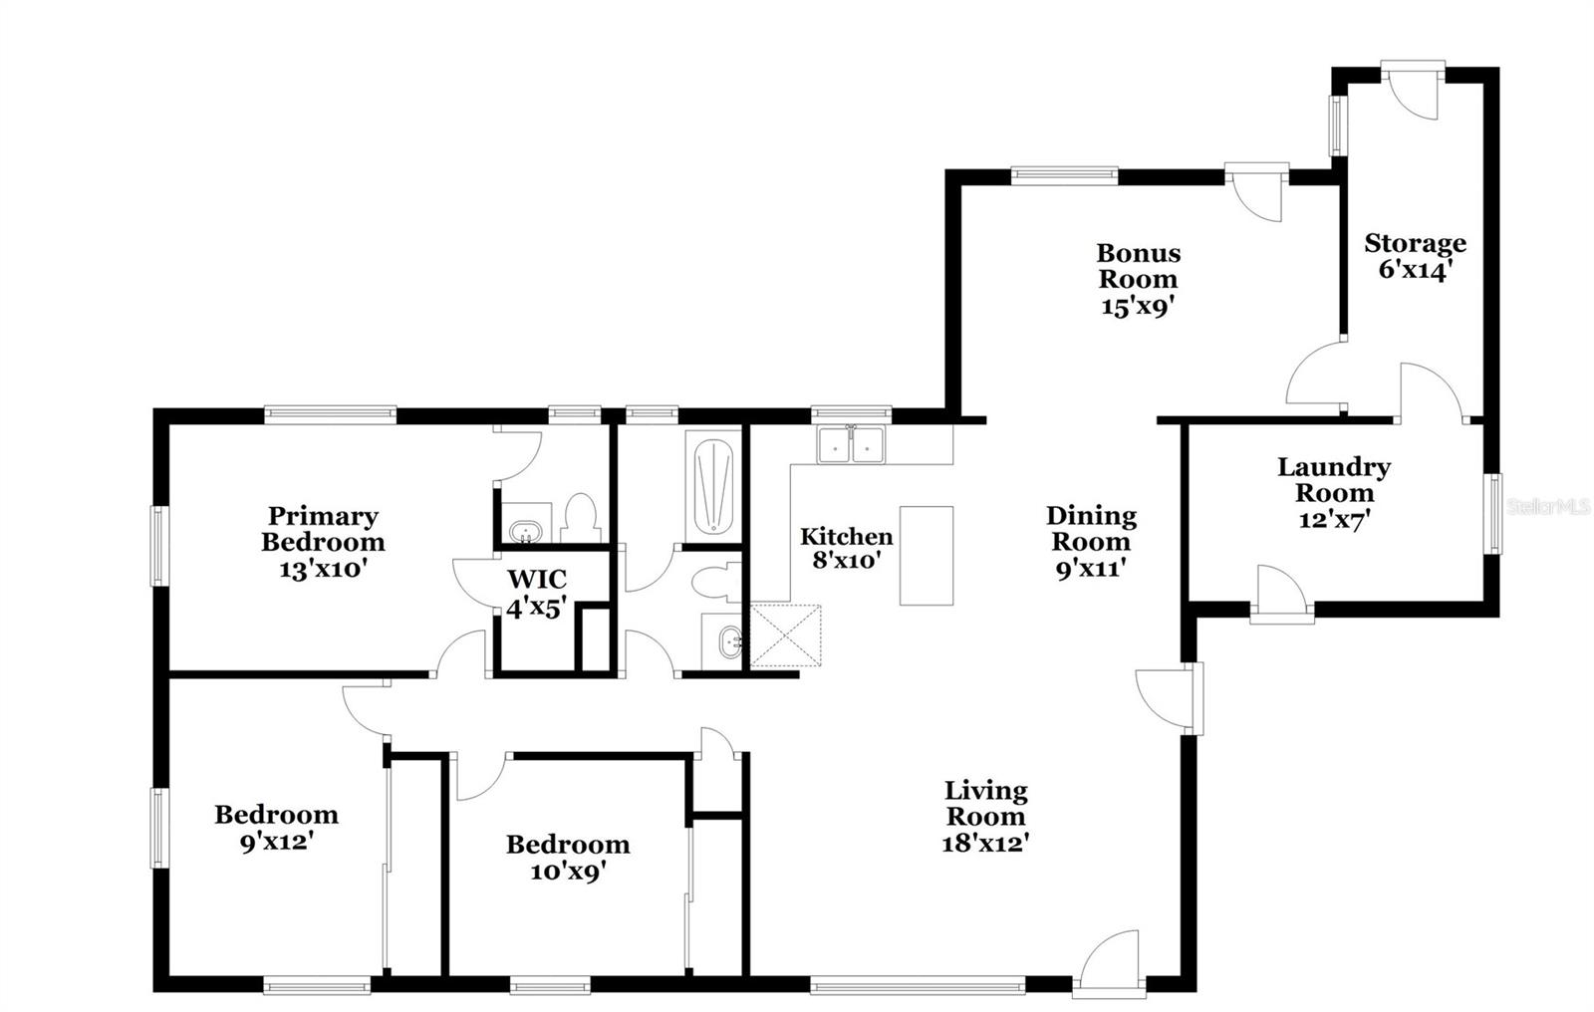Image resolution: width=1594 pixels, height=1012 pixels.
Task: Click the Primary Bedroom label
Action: [323, 529]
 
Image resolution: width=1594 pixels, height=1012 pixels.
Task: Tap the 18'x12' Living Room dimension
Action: [985, 843]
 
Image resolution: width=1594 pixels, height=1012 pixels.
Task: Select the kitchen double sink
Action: [852, 445]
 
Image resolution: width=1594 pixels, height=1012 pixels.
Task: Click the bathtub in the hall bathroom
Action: [712, 485]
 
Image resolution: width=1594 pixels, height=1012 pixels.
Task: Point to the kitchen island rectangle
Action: [927, 555]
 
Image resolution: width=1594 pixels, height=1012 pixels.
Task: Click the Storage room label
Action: [1415, 243]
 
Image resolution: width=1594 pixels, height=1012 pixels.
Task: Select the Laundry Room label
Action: [1334, 479]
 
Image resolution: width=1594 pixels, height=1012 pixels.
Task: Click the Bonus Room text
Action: [1138, 266]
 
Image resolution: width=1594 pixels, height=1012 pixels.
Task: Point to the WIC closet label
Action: [537, 580]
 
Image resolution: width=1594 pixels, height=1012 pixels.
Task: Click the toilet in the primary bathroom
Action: [579, 515]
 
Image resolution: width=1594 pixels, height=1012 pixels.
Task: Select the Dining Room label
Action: [1091, 529]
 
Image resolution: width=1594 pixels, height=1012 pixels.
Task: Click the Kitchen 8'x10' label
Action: [846, 549]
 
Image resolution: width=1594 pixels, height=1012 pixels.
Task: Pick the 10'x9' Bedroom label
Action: [568, 858]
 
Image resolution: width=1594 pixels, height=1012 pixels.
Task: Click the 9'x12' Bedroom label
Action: [276, 828]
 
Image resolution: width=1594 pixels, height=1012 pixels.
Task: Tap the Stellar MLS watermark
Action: [1549, 507]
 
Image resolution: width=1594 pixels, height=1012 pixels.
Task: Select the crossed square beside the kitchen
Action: [785, 634]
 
